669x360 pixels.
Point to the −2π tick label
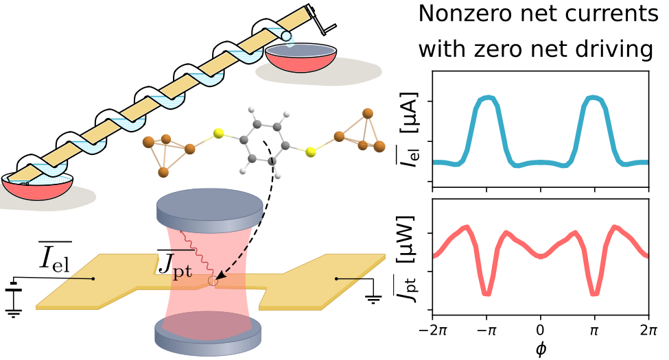click(433, 331)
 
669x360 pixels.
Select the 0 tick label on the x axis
click(541, 331)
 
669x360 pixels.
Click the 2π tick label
click(649, 331)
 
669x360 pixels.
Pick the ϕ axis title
click(541, 349)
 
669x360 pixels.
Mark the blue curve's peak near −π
click(486, 99)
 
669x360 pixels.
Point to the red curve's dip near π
click(594, 293)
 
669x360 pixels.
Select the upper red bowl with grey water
click(301, 57)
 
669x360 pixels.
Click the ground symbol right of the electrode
click(373, 298)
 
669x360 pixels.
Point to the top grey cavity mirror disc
click(209, 209)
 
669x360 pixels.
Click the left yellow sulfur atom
click(218, 134)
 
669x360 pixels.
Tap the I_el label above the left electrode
click(55, 256)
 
